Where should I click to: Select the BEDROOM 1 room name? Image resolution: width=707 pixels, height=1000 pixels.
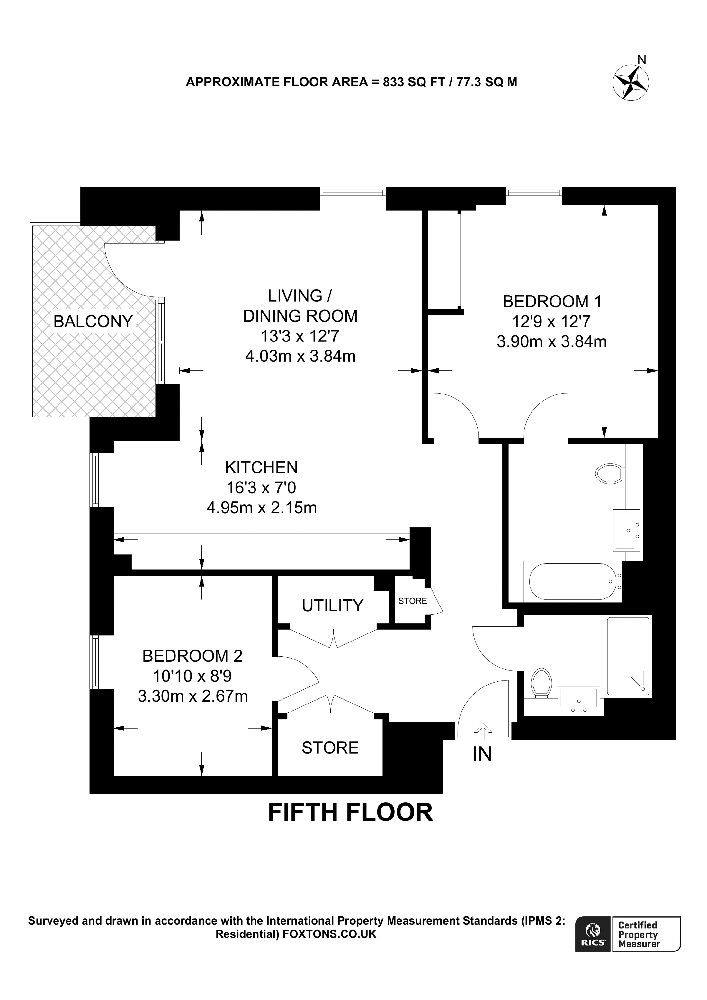point(552,301)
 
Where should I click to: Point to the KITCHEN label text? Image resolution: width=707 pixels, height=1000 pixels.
point(261,467)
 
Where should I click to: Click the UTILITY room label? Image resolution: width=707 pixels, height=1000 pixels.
point(332,606)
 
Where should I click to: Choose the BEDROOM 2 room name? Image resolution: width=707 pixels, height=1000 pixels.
point(192,656)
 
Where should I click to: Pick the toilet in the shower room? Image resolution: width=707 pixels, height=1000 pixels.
point(541,683)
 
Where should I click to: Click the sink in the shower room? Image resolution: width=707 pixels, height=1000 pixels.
point(579,700)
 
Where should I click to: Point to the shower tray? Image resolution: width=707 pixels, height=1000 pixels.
point(628,656)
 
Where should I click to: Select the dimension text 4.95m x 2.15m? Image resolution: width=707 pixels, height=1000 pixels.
point(261,508)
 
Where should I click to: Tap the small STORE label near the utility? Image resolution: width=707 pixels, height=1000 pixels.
point(413,601)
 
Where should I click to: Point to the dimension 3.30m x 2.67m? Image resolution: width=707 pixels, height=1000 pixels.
point(193,696)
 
